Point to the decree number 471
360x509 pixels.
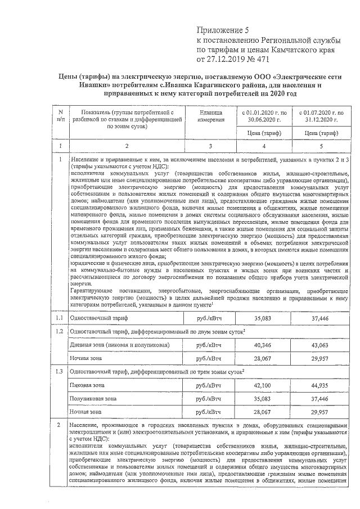pyautogui.click(x=257, y=58)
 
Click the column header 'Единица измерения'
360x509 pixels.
pyautogui.click(x=210, y=116)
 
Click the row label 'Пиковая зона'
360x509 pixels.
pyautogui.click(x=84, y=386)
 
